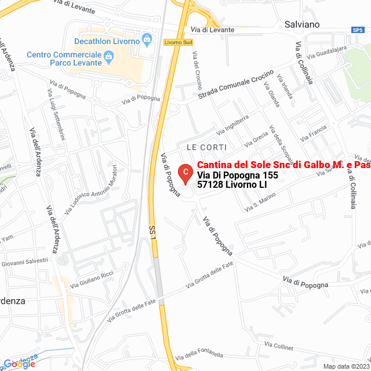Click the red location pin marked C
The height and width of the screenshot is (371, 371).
coord(184,173)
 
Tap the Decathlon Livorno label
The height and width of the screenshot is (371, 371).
coord(107,41)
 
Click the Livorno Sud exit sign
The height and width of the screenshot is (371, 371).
coord(177,42)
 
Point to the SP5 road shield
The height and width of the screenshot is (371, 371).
coord(357,30)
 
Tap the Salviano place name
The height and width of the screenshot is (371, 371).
coord(302,24)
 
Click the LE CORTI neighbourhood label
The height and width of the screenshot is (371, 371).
coord(206,147)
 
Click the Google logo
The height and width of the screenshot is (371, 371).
coord(20,363)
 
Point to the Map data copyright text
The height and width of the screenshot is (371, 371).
coord(346,366)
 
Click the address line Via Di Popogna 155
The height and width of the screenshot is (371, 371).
coord(238,175)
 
